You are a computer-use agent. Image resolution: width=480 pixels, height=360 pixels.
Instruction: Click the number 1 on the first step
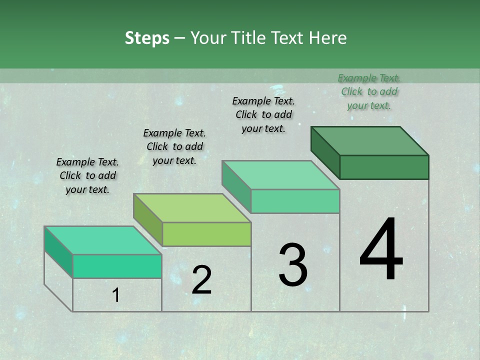[x=116, y=295]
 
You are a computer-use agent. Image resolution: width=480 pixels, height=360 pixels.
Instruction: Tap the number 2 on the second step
[x=201, y=280]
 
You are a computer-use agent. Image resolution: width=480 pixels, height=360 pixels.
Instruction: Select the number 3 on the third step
[x=293, y=265]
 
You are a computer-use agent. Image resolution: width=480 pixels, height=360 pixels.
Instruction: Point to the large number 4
[x=381, y=249]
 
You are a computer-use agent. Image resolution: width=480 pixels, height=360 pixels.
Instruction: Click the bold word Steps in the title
[x=147, y=38]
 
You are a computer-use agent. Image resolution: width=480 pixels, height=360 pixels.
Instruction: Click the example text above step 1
[x=87, y=175]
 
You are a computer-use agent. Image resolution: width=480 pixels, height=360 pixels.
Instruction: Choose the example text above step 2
[x=174, y=146]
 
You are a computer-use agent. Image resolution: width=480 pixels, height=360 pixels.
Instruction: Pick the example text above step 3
[x=263, y=114]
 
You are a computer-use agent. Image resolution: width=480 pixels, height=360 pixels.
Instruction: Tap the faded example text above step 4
[x=369, y=91]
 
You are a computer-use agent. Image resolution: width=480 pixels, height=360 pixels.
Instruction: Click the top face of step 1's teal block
[x=103, y=240]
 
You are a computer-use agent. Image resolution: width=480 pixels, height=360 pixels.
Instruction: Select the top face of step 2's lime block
[x=192, y=208]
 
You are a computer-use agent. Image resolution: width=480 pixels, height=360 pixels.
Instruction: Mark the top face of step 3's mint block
[x=280, y=175]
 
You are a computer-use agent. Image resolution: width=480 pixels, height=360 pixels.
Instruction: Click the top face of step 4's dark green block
[x=369, y=141]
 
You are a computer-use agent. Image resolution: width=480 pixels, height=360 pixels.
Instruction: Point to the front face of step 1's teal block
[x=117, y=266]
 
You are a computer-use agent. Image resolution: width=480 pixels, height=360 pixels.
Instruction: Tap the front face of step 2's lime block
[x=206, y=234]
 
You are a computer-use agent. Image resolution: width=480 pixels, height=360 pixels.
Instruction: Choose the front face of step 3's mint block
[x=295, y=201]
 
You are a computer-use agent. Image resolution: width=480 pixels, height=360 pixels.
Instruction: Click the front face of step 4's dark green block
[x=384, y=167]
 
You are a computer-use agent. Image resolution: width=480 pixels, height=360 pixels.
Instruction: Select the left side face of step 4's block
[x=325, y=152]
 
